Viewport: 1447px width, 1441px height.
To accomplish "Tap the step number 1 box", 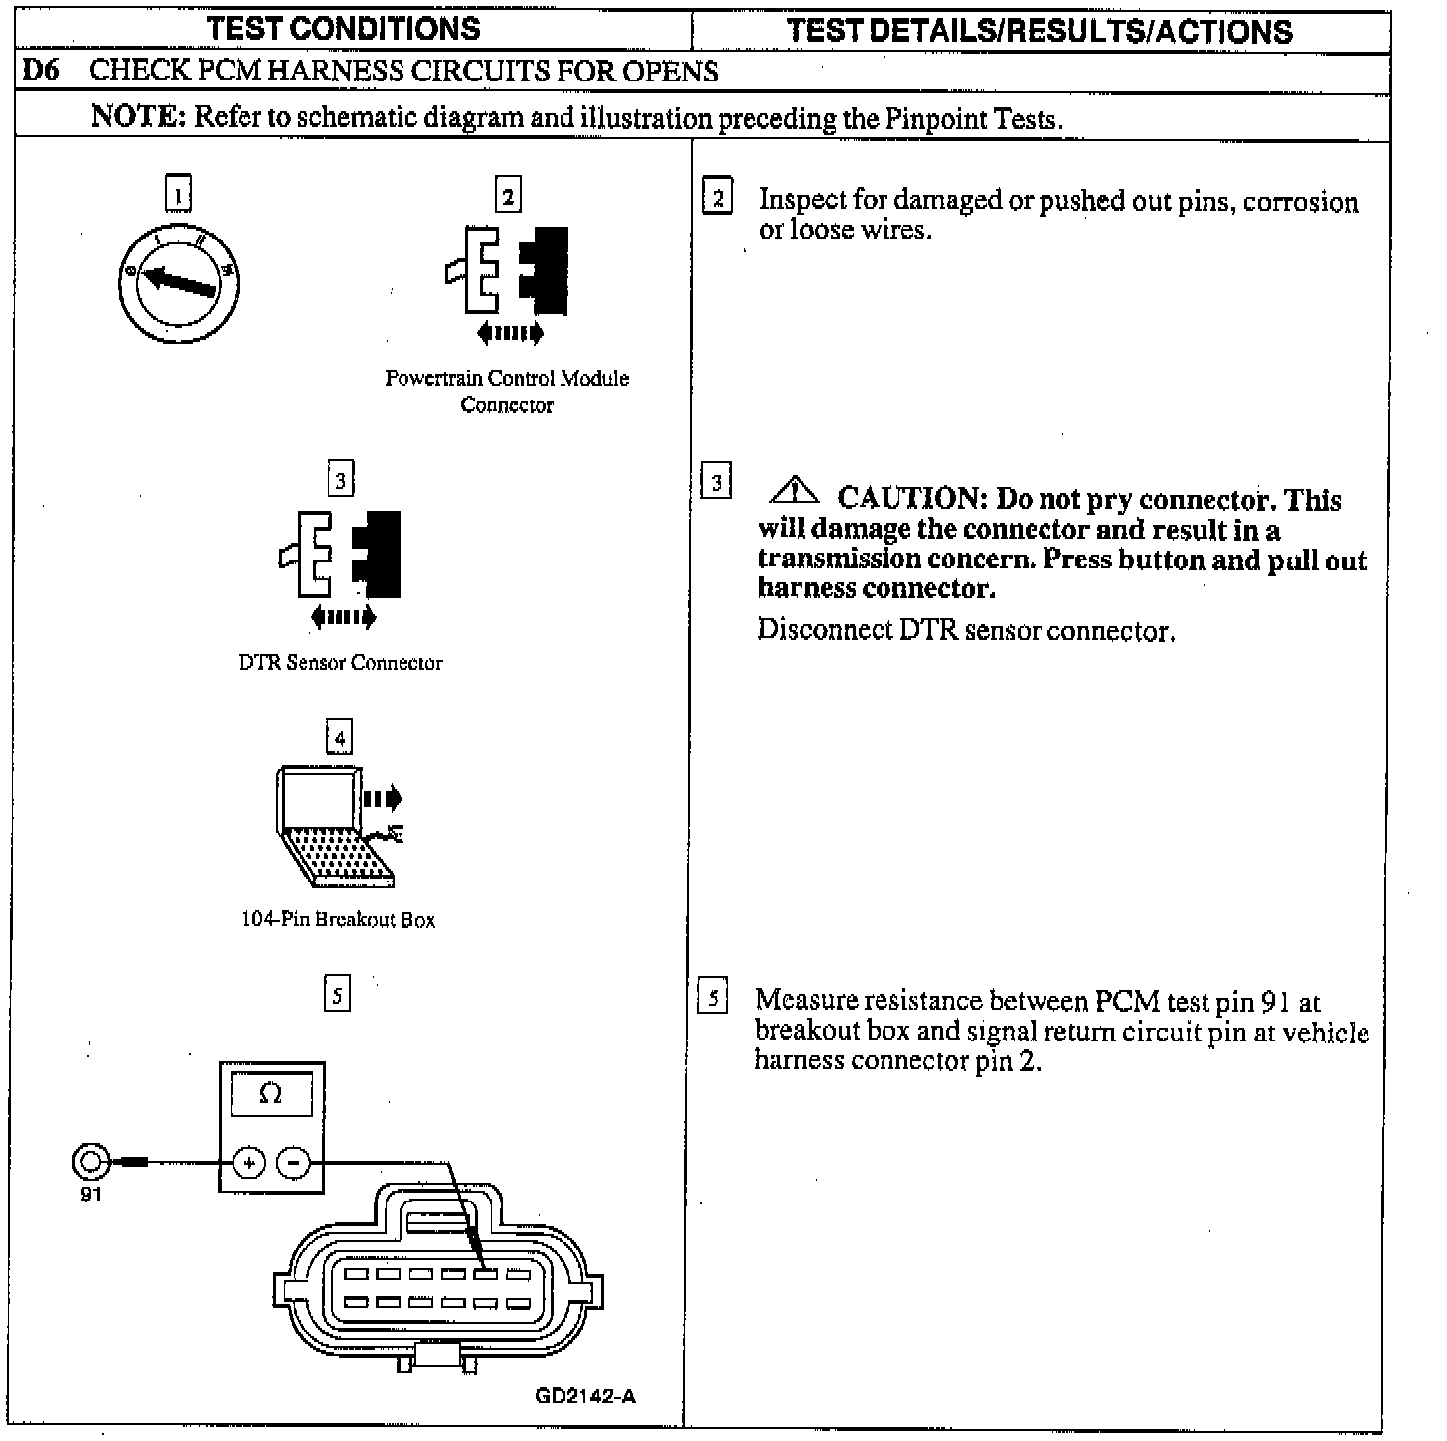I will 178,195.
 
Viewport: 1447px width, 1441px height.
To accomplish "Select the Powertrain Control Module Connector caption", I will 507,392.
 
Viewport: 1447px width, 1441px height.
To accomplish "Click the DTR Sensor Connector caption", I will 340,663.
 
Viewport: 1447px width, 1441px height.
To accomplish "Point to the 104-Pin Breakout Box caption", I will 338,920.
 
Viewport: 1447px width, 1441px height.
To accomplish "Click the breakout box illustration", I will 336,825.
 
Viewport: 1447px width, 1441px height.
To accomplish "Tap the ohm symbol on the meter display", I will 270,1094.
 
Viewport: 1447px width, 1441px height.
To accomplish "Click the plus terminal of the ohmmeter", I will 248,1162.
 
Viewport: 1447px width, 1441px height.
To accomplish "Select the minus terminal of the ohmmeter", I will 293,1162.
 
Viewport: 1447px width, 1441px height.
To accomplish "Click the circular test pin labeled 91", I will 89,1160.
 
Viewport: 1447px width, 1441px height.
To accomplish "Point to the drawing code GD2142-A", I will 585,1396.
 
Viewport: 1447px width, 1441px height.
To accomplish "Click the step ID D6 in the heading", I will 40,72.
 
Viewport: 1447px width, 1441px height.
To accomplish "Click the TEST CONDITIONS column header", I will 344,29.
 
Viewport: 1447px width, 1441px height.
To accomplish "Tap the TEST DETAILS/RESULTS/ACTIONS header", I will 1040,31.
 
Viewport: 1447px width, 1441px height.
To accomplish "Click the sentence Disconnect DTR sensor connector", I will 966,631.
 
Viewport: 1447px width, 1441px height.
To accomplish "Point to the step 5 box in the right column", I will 714,996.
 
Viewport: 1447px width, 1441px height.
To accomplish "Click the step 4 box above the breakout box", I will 339,738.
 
